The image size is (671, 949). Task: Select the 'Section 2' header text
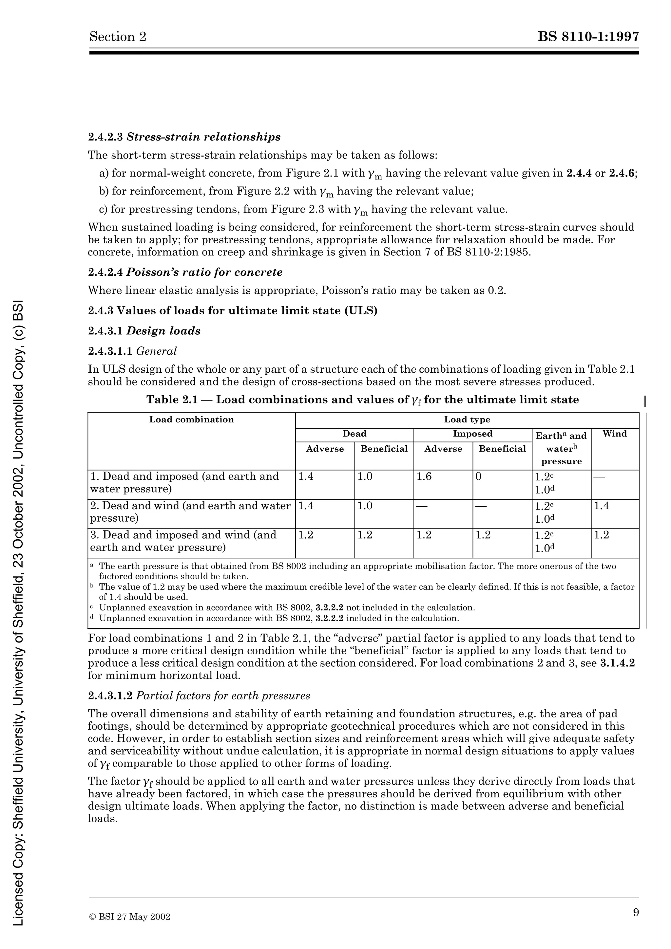click(118, 37)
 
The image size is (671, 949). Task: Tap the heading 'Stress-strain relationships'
click(203, 137)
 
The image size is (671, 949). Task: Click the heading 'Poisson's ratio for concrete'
click(204, 272)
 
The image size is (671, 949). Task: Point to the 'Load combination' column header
click(191, 419)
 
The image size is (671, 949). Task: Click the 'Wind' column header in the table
click(614, 434)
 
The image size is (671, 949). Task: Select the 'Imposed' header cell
click(472, 434)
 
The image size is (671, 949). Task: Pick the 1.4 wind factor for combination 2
click(601, 506)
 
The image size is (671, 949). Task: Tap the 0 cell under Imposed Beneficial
click(478, 476)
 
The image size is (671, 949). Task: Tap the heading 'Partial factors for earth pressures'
click(223, 696)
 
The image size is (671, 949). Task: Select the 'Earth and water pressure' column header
click(561, 448)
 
